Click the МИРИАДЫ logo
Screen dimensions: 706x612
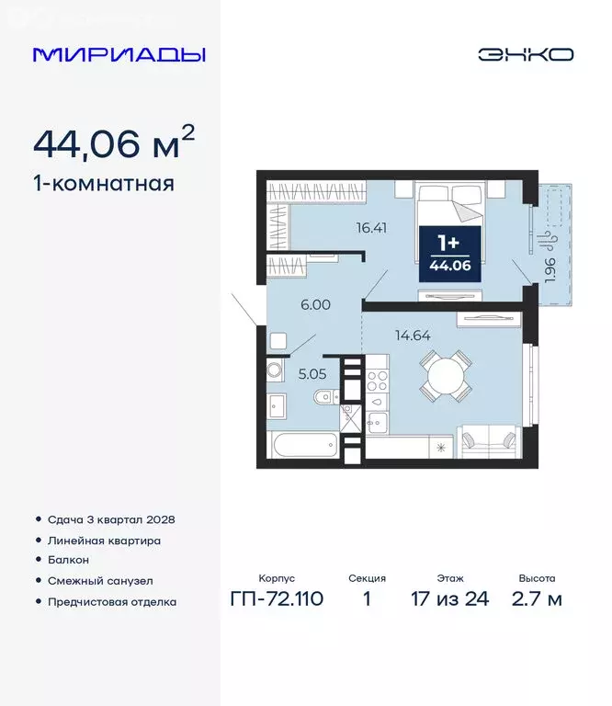pos(119,54)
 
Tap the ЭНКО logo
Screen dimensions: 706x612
pos(526,54)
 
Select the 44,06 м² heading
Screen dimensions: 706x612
pos(114,142)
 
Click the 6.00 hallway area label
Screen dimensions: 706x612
pos(315,305)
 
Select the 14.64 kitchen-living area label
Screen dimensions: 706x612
pos(414,336)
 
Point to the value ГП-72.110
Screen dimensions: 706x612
pos(276,599)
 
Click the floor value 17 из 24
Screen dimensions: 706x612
pos(450,599)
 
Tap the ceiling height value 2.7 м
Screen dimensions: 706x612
pos(537,599)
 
